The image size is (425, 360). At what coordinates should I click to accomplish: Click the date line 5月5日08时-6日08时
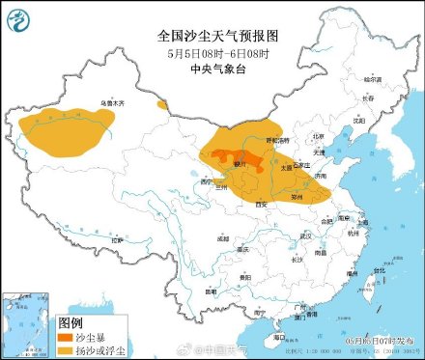pos(217,52)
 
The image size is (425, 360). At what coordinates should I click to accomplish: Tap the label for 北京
pos(318,136)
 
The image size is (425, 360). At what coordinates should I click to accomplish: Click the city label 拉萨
pos(118,239)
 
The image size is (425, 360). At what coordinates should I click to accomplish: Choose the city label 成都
pos(224,237)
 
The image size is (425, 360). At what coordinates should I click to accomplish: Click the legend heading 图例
pos(71,322)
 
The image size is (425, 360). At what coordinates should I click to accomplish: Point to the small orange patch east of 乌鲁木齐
pos(162,103)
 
